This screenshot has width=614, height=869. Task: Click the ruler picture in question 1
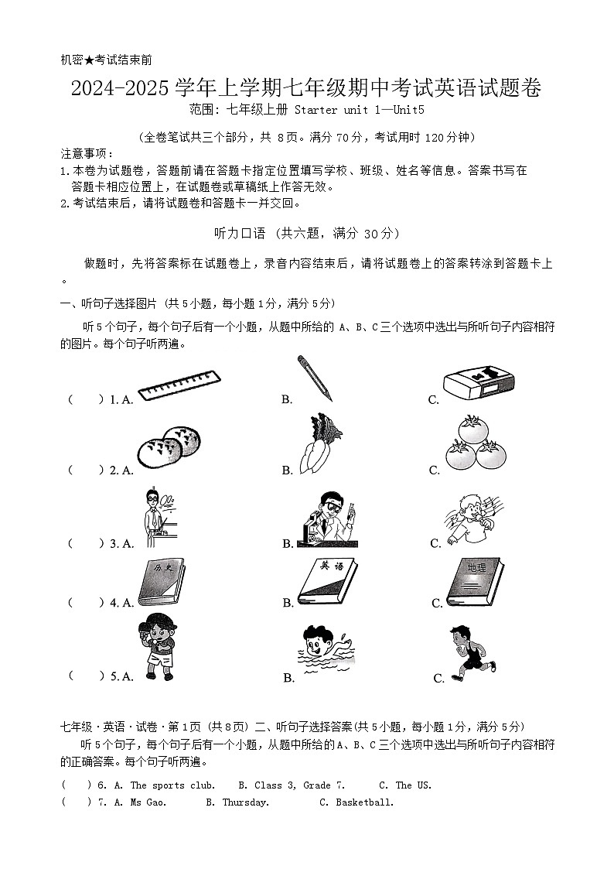[x=179, y=385]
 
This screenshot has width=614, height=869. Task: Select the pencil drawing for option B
[x=314, y=378]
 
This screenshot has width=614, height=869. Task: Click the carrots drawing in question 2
[x=320, y=443]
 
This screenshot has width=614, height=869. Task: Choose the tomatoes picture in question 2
[x=476, y=443]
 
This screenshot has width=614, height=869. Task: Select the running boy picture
[x=470, y=652]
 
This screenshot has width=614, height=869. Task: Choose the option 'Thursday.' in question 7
[x=246, y=802]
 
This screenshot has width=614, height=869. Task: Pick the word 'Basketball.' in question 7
[x=365, y=802]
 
